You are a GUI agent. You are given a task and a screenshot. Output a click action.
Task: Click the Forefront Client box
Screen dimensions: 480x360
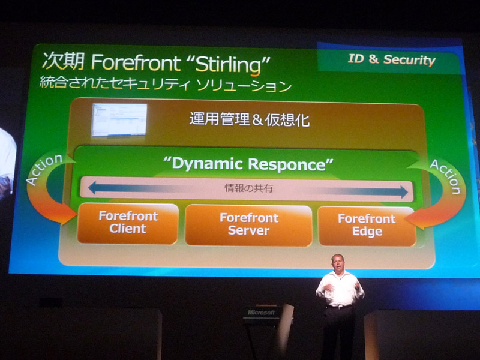click(x=128, y=223)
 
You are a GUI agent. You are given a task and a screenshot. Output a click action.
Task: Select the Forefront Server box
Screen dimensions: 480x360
click(x=248, y=226)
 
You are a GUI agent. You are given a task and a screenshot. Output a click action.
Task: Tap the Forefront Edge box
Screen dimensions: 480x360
click(x=367, y=226)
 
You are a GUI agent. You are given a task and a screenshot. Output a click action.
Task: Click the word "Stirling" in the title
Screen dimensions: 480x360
click(x=228, y=65)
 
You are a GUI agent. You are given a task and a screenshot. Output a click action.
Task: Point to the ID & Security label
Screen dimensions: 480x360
click(x=392, y=59)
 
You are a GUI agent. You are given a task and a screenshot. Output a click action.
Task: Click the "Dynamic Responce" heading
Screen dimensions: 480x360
click(x=248, y=164)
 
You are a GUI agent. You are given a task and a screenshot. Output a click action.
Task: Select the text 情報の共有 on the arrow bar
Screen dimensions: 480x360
click(x=248, y=188)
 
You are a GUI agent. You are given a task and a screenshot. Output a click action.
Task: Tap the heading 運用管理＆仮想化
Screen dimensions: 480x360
click(x=250, y=119)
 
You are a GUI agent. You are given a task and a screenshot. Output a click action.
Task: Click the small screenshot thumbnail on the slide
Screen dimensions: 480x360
click(x=119, y=119)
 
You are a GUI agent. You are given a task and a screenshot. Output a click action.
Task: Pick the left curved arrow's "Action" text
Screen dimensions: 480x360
click(x=44, y=169)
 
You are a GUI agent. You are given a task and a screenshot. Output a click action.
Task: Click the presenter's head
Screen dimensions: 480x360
click(x=338, y=263)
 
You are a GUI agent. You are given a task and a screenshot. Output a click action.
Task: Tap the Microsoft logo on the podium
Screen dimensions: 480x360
click(x=261, y=312)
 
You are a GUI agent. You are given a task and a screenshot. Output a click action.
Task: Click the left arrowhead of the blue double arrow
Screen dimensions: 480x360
click(x=92, y=187)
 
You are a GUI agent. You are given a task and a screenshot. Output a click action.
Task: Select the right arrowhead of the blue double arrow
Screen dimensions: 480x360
click(x=404, y=192)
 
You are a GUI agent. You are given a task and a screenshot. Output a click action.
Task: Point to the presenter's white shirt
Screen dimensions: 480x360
click(x=340, y=289)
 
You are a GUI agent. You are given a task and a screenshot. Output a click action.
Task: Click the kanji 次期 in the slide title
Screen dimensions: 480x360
click(x=63, y=61)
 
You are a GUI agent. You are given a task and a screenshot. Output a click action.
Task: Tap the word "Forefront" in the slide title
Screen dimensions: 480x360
click(x=136, y=63)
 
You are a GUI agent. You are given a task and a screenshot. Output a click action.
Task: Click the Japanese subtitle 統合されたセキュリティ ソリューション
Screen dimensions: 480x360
click(x=166, y=85)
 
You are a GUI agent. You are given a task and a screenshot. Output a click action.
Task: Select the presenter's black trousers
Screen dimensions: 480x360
click(x=339, y=332)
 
